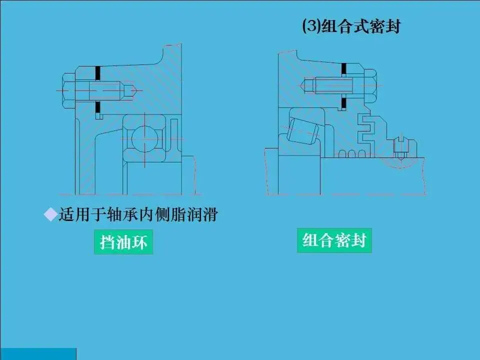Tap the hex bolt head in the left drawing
tap(69, 90)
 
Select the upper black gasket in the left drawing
tap(98, 73)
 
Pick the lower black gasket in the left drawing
tap(98, 107)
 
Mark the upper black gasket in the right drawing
tap(344, 69)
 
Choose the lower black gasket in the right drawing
tap(344, 104)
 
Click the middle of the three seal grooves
tap(351, 153)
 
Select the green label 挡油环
tap(123, 242)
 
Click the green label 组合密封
tap(334, 240)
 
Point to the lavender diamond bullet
tap(50, 214)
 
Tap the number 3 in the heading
tap(311, 26)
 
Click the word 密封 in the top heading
tap(385, 26)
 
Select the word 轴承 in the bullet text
tap(122, 214)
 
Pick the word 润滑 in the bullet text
tap(202, 214)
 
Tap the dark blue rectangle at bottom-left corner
tap(38, 354)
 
